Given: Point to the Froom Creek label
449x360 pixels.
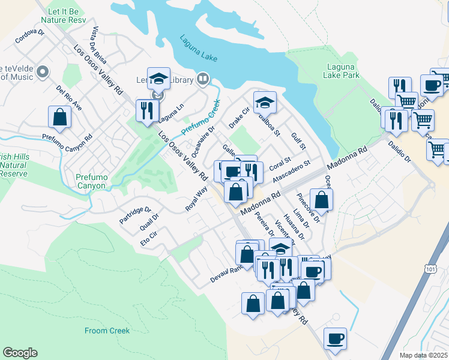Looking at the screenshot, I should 104,329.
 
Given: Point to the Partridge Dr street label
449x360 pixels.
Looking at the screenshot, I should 135,215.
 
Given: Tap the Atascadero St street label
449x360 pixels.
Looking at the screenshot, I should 291,172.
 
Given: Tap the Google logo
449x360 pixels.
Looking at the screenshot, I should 20,353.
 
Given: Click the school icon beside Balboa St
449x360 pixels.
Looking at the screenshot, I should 264,103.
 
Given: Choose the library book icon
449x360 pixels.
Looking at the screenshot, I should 203,80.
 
